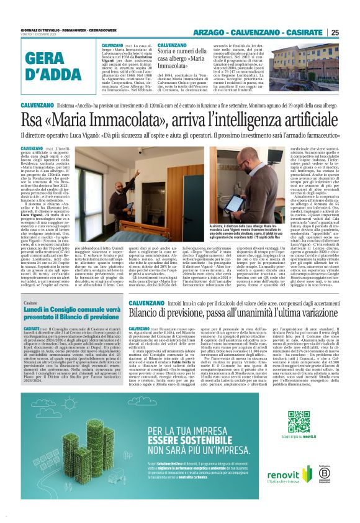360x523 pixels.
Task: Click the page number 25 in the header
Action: point(334,32)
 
